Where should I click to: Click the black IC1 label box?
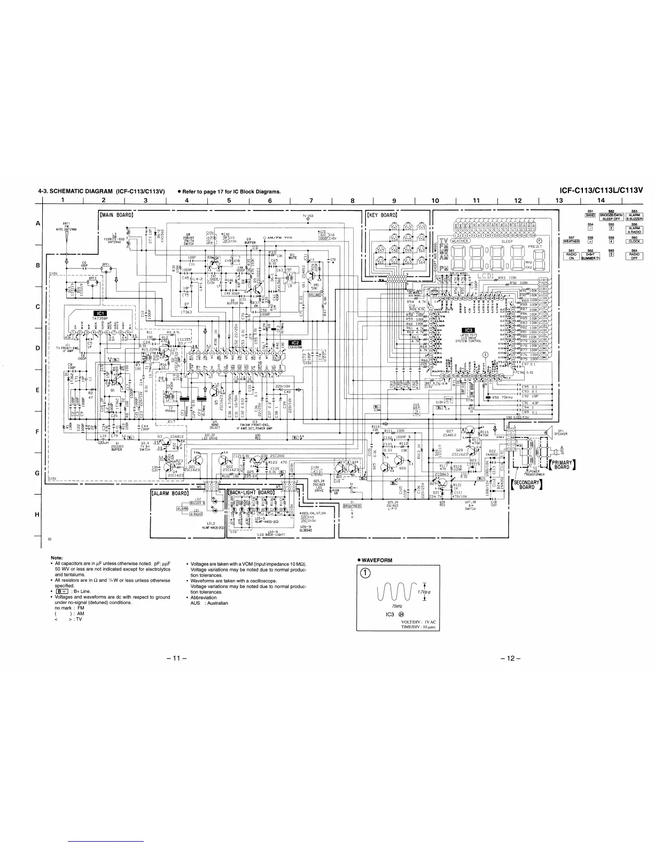100,314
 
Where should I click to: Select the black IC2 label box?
295,343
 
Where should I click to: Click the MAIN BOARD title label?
116,215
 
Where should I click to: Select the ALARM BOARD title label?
170,493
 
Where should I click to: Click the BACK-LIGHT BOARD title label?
251,492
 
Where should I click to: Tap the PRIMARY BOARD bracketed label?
560,465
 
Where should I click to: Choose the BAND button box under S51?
590,215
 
